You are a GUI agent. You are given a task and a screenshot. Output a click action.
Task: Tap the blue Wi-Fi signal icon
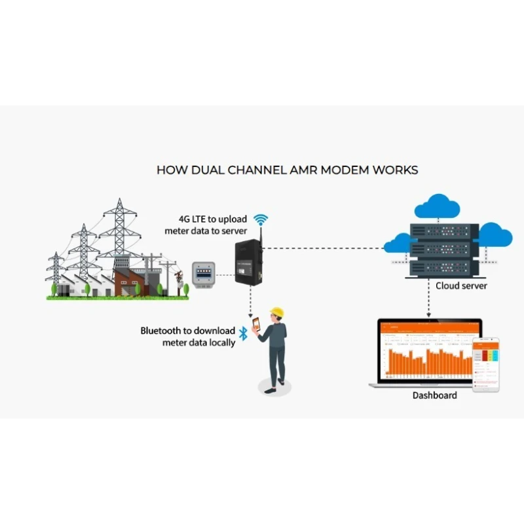click(261, 219)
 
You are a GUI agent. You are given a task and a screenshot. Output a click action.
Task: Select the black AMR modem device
click(248, 263)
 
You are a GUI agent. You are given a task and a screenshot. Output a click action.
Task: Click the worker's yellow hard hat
click(277, 312)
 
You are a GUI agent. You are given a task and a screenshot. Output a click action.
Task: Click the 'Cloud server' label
click(461, 286)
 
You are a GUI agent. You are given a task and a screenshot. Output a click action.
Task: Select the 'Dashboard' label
click(434, 396)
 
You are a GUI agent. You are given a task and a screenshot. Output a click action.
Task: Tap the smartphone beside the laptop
click(486, 364)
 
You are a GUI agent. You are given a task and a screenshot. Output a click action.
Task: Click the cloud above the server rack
click(437, 209)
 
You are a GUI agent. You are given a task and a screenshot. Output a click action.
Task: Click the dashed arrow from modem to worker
click(250, 298)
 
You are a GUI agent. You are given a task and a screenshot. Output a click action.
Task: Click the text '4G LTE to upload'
click(213, 219)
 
